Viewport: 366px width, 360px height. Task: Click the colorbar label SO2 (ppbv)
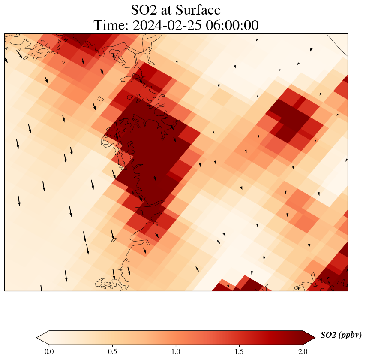(341, 336)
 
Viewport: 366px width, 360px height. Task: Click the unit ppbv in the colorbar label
(350, 336)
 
